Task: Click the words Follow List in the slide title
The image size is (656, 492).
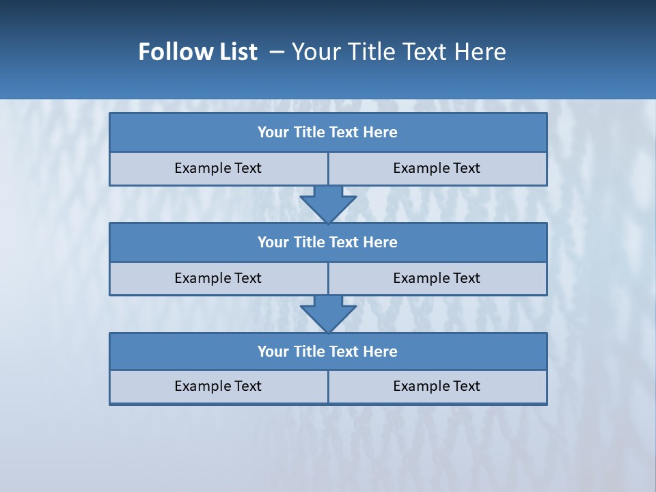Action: point(198,52)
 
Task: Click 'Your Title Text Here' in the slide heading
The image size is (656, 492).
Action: point(399,52)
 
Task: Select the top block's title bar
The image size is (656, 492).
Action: point(328,133)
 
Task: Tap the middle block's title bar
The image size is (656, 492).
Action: point(328,243)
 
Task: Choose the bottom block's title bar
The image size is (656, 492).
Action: point(328,352)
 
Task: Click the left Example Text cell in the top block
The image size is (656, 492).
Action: point(218,169)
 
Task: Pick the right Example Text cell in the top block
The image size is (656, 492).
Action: point(437,169)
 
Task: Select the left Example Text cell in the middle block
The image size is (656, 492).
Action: point(218,279)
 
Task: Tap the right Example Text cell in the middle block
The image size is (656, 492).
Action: point(437,279)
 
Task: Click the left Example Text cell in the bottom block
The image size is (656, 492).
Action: point(218,387)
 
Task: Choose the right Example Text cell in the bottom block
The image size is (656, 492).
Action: point(437,387)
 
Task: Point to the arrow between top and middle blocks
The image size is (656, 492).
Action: point(328,204)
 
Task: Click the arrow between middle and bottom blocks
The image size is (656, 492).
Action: point(328,314)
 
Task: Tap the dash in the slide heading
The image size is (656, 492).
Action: point(277,52)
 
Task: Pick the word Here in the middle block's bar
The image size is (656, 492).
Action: point(381,243)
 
